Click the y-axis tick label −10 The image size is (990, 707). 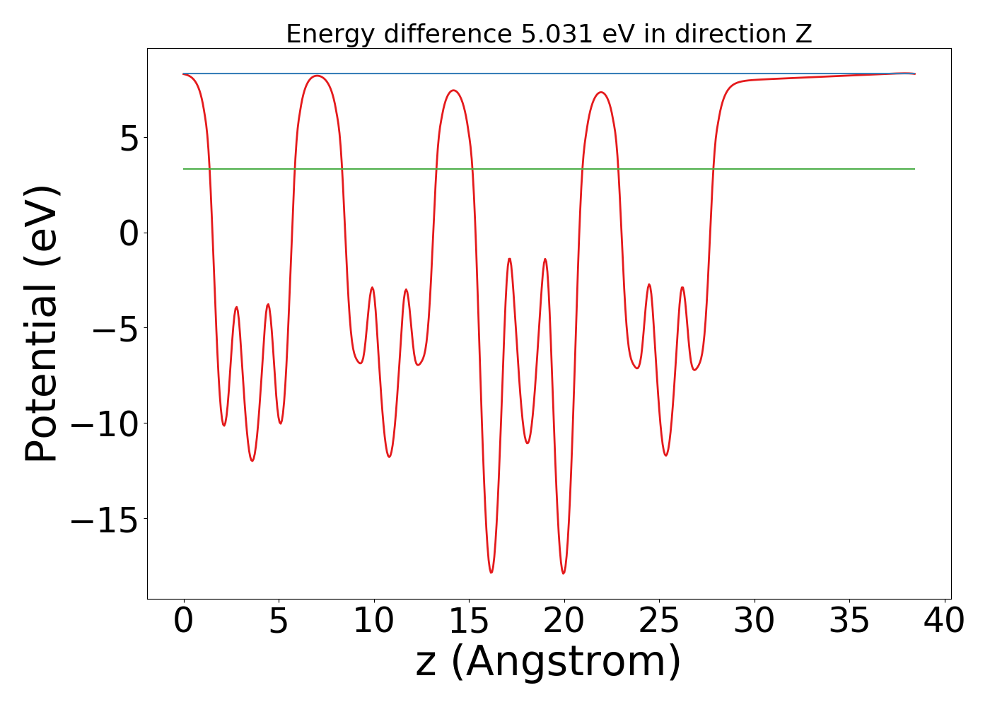point(103,423)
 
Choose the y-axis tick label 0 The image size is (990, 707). point(129,233)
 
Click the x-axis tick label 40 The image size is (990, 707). point(944,621)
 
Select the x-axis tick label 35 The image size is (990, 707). point(849,621)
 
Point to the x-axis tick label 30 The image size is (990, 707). point(755,621)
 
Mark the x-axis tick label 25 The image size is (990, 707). point(659,621)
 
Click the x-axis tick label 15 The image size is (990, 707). point(469,621)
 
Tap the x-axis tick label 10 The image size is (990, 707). point(374,621)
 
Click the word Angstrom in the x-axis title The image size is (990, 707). point(565,662)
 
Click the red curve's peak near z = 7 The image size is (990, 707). point(317,76)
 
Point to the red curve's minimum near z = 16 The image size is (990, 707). point(491,572)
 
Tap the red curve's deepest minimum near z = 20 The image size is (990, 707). point(564,573)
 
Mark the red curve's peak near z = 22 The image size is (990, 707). point(601,92)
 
